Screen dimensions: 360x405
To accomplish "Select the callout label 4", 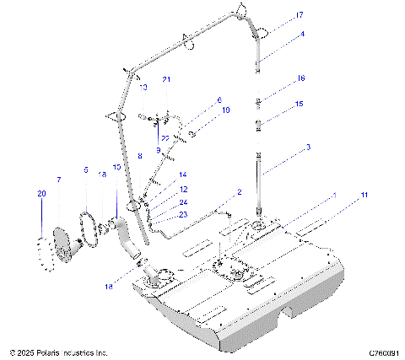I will pos(302,35).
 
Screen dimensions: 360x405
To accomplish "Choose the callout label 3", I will pos(308,147).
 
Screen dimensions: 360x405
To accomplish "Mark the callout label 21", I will pos(167,79).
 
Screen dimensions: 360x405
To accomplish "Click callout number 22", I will pos(166,138).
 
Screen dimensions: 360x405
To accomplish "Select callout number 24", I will pos(183,202).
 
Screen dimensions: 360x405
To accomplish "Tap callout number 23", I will pos(183,215).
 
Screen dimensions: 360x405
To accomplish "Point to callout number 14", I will pos(182,175).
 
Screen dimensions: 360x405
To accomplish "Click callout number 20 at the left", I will pos(40,193).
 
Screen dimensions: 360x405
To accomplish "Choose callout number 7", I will pos(58,180).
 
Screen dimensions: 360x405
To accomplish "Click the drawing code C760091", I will pos(382,352).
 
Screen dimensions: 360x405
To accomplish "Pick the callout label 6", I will pos(219,99).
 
